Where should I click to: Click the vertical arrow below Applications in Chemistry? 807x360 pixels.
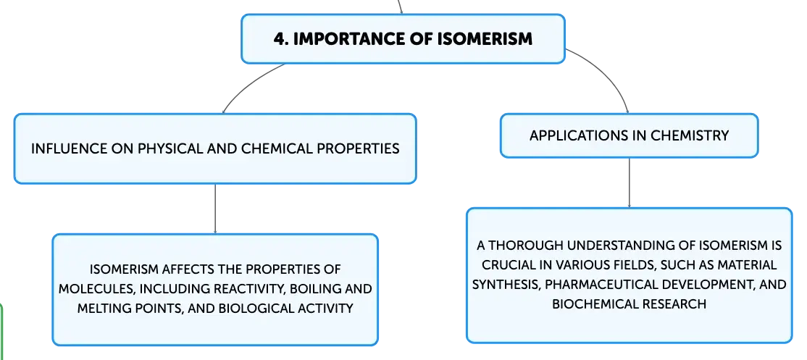629,183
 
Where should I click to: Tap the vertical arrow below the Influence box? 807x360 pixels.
214,209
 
